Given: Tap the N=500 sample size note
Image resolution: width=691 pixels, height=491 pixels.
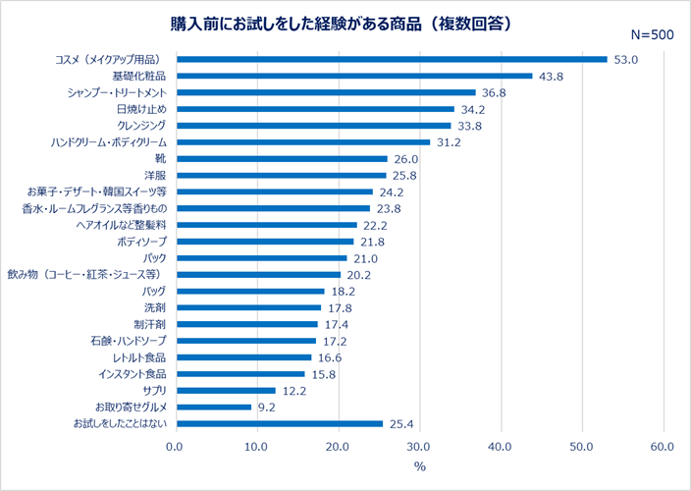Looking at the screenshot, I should click(651, 34).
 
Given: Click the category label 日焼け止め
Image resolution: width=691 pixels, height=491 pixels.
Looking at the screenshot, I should click(140, 109).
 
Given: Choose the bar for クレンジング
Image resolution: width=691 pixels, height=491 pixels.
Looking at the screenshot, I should click(313, 126).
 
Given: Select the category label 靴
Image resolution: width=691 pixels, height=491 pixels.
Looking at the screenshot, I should click(160, 158).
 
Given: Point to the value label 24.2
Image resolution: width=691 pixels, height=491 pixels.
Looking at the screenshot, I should click(392, 191).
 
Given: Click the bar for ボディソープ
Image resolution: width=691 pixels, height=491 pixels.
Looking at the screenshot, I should click(264, 242).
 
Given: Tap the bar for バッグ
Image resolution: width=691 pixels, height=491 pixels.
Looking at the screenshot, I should click(249, 292).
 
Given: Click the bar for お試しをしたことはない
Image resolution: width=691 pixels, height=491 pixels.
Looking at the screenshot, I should click(279, 424).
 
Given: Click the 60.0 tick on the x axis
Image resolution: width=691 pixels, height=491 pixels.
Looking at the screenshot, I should click(663, 447).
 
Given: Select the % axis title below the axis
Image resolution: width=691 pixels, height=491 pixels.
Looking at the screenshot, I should click(419, 467).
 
